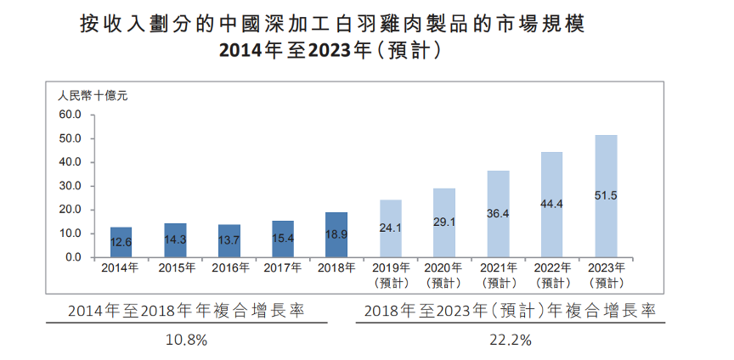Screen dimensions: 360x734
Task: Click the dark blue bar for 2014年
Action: [x=121, y=242]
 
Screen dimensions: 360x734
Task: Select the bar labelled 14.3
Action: [x=175, y=240]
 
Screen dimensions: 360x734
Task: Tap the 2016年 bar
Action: [x=229, y=241]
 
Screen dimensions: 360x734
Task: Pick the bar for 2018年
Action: [x=337, y=235]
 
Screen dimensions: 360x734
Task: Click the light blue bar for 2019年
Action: [x=391, y=228]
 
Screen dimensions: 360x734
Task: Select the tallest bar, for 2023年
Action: [x=606, y=196]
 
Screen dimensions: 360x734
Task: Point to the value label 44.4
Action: [x=552, y=204]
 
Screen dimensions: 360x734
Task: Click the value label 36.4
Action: [x=499, y=214]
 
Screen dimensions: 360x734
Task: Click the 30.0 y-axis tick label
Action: [x=68, y=186]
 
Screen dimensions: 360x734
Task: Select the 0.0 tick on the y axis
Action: [x=71, y=257]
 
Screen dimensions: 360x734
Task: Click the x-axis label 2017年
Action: [x=283, y=268]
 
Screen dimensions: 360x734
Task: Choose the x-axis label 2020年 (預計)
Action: [x=444, y=275]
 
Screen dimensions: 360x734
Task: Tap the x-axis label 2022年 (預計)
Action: [x=552, y=275]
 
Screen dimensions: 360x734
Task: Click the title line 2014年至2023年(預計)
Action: [x=330, y=49]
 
